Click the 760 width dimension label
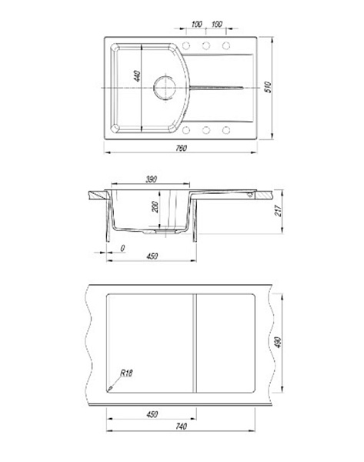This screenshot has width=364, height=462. [181, 148]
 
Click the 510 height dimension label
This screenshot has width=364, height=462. [268, 87]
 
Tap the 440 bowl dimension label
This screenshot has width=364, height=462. [137, 76]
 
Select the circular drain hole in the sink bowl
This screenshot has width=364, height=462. [165, 87]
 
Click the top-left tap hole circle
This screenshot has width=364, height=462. [185, 45]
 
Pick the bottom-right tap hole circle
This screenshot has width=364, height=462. [226, 130]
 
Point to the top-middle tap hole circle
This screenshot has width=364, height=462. [205, 45]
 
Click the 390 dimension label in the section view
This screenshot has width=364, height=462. [151, 179]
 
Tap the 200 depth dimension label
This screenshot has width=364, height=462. [155, 207]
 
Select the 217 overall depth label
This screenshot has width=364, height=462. [279, 211]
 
